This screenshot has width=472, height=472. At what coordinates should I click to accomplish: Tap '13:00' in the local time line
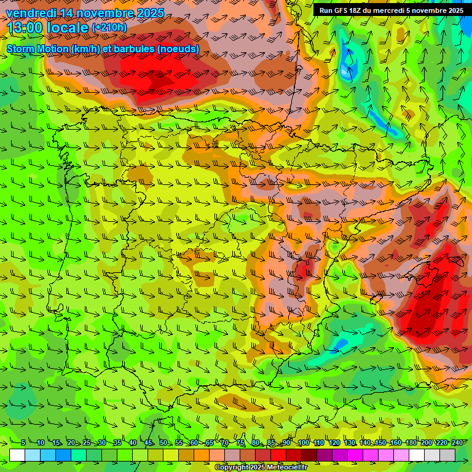pos(24,28)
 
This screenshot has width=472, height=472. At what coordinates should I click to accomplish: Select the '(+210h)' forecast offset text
pos(109,27)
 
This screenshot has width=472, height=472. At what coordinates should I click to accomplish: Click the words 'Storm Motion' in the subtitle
pos(37,49)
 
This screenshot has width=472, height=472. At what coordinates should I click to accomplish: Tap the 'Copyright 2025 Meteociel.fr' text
pos(261,468)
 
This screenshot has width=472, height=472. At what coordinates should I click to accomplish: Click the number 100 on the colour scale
pos(303,442)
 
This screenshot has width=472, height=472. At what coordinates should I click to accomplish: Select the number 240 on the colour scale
pos(457,442)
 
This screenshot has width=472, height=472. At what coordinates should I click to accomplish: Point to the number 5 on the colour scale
pos(23,442)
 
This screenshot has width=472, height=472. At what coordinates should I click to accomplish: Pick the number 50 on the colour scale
pos(163,442)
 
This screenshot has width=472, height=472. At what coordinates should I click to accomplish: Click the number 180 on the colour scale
pos(411,442)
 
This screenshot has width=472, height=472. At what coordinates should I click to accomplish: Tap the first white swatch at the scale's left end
pos(17,455)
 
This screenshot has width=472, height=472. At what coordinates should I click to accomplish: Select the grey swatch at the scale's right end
pos(447,455)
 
